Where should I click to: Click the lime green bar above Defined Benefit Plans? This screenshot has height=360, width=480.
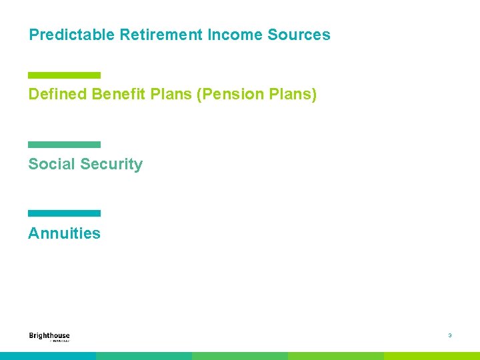pos(64,75)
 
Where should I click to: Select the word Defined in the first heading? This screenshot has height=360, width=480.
pos(57,95)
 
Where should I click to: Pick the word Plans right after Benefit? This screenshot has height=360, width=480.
pos(171,95)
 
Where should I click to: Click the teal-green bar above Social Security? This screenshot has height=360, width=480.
pos(64,145)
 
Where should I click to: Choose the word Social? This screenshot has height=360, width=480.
pos(51,165)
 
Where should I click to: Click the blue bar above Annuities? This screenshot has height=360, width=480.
pos(64,213)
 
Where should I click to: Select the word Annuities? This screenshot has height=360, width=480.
pos(64,233)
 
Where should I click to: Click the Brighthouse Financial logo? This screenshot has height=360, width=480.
pos(49,337)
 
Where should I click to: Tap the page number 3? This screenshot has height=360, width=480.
pos(450,335)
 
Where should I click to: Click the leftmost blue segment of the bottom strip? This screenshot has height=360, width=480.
pos(48,356)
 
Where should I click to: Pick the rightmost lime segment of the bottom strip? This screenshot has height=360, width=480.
pos(432,356)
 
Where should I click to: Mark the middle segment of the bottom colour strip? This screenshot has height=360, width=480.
pos(240,356)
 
